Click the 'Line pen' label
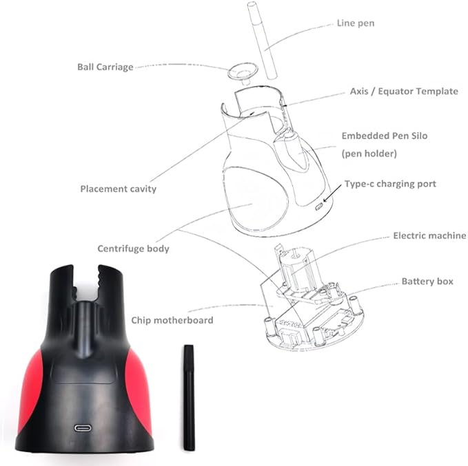(x=356, y=23)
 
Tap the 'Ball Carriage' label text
(x=105, y=67)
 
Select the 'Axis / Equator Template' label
(x=404, y=92)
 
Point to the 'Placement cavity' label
(x=118, y=189)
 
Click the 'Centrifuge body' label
(x=134, y=248)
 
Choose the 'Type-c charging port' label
(x=390, y=184)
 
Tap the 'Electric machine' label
(x=429, y=236)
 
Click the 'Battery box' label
(x=427, y=282)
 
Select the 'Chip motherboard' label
(x=172, y=320)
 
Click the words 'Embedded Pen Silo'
(x=385, y=136)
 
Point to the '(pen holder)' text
(x=369, y=154)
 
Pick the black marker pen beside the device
(x=189, y=398)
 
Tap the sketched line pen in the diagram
(x=262, y=41)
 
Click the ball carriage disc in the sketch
(x=243, y=72)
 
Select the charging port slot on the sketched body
(x=319, y=206)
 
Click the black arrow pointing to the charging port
(x=332, y=193)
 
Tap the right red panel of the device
(x=139, y=391)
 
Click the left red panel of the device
(x=30, y=391)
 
